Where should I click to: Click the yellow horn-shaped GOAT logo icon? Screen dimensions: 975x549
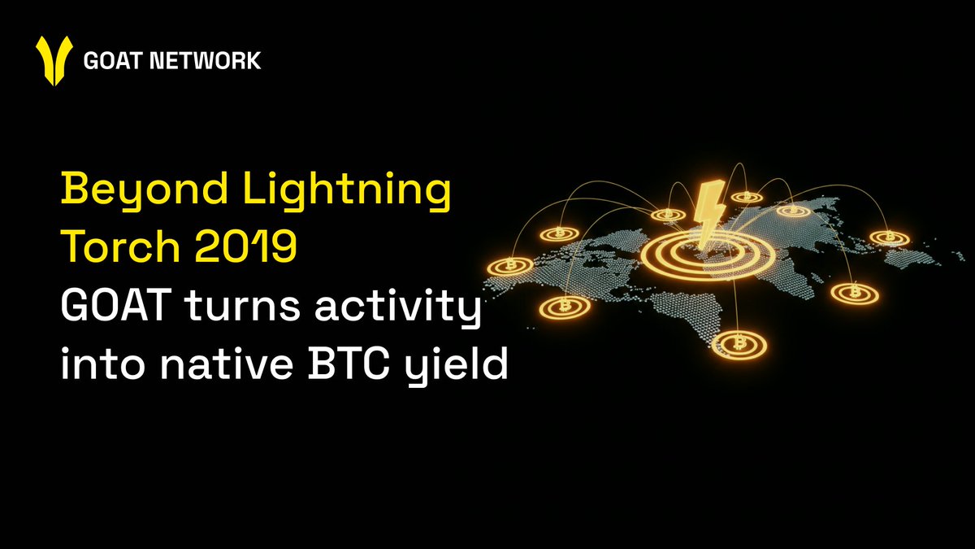point(54,60)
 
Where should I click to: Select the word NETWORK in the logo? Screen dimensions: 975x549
point(205,60)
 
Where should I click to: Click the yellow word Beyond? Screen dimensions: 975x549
point(145,189)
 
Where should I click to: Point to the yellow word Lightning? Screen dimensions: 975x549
point(348,190)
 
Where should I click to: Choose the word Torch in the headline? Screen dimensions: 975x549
point(123,246)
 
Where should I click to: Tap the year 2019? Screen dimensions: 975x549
point(246,246)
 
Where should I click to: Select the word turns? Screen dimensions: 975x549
point(242,307)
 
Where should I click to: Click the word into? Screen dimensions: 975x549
point(102,362)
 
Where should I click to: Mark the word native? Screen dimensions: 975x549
point(226,362)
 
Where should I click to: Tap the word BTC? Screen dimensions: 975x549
point(349,362)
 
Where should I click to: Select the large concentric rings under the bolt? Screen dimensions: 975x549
point(708,255)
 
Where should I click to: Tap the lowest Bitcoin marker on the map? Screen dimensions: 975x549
point(739,345)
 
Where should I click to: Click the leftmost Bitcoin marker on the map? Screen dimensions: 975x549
point(510,266)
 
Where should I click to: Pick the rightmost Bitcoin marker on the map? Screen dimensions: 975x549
point(890,237)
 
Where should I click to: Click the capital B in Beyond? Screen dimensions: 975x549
point(72,188)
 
